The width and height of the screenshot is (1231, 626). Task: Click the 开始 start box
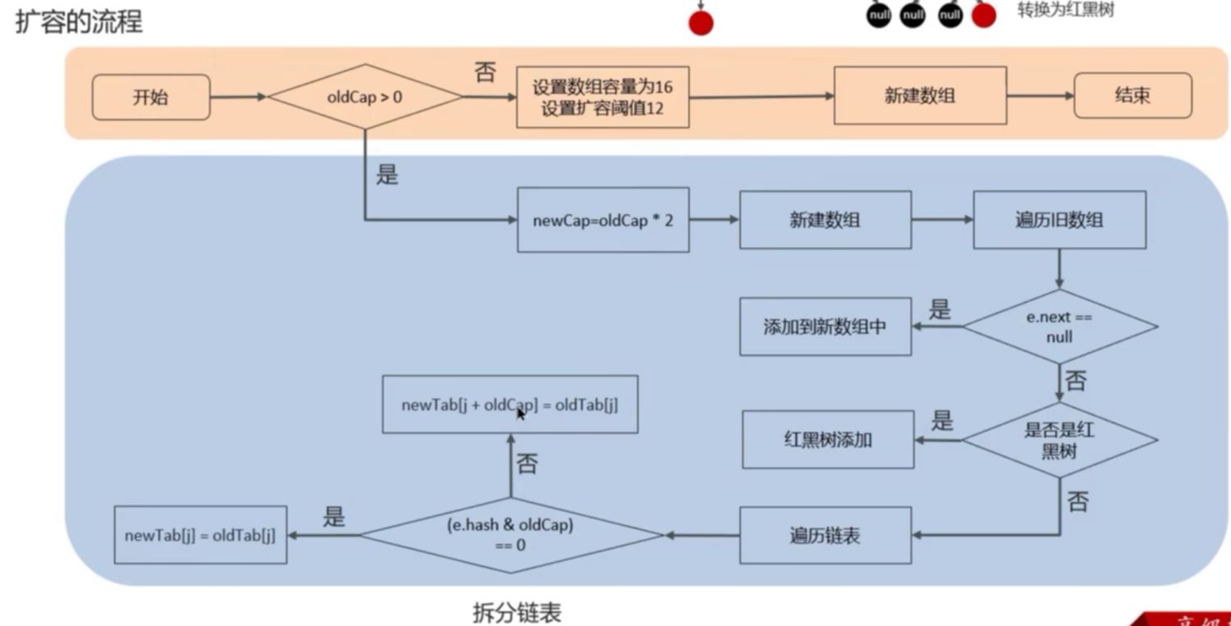(x=151, y=97)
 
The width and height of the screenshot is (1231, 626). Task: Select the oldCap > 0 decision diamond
(x=365, y=97)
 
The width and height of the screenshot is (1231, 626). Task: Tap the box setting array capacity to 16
(x=602, y=98)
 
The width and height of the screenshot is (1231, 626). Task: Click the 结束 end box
(x=1133, y=95)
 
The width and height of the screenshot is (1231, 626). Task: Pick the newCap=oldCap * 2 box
(x=603, y=221)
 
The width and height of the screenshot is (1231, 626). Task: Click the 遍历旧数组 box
(x=1059, y=220)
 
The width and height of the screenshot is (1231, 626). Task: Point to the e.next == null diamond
(x=1059, y=327)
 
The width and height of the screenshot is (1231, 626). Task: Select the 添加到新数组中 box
(x=825, y=327)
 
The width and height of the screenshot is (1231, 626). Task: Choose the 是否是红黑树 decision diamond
(x=1059, y=440)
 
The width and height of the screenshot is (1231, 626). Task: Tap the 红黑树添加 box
(x=828, y=440)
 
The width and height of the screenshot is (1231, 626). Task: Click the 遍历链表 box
(x=825, y=536)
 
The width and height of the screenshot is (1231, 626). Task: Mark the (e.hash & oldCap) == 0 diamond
(x=510, y=535)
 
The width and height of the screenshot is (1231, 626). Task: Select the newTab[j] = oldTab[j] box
(x=200, y=535)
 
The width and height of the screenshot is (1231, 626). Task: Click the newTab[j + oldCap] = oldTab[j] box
(x=510, y=404)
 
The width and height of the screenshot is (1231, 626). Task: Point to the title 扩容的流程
(x=79, y=21)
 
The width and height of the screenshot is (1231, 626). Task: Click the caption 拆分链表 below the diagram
(x=517, y=612)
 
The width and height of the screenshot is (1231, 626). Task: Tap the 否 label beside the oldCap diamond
(x=485, y=72)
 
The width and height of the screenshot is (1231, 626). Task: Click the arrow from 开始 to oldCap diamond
(x=238, y=97)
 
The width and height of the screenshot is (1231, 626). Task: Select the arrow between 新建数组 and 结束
(x=1040, y=95)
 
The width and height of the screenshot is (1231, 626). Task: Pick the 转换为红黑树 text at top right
(x=1065, y=11)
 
